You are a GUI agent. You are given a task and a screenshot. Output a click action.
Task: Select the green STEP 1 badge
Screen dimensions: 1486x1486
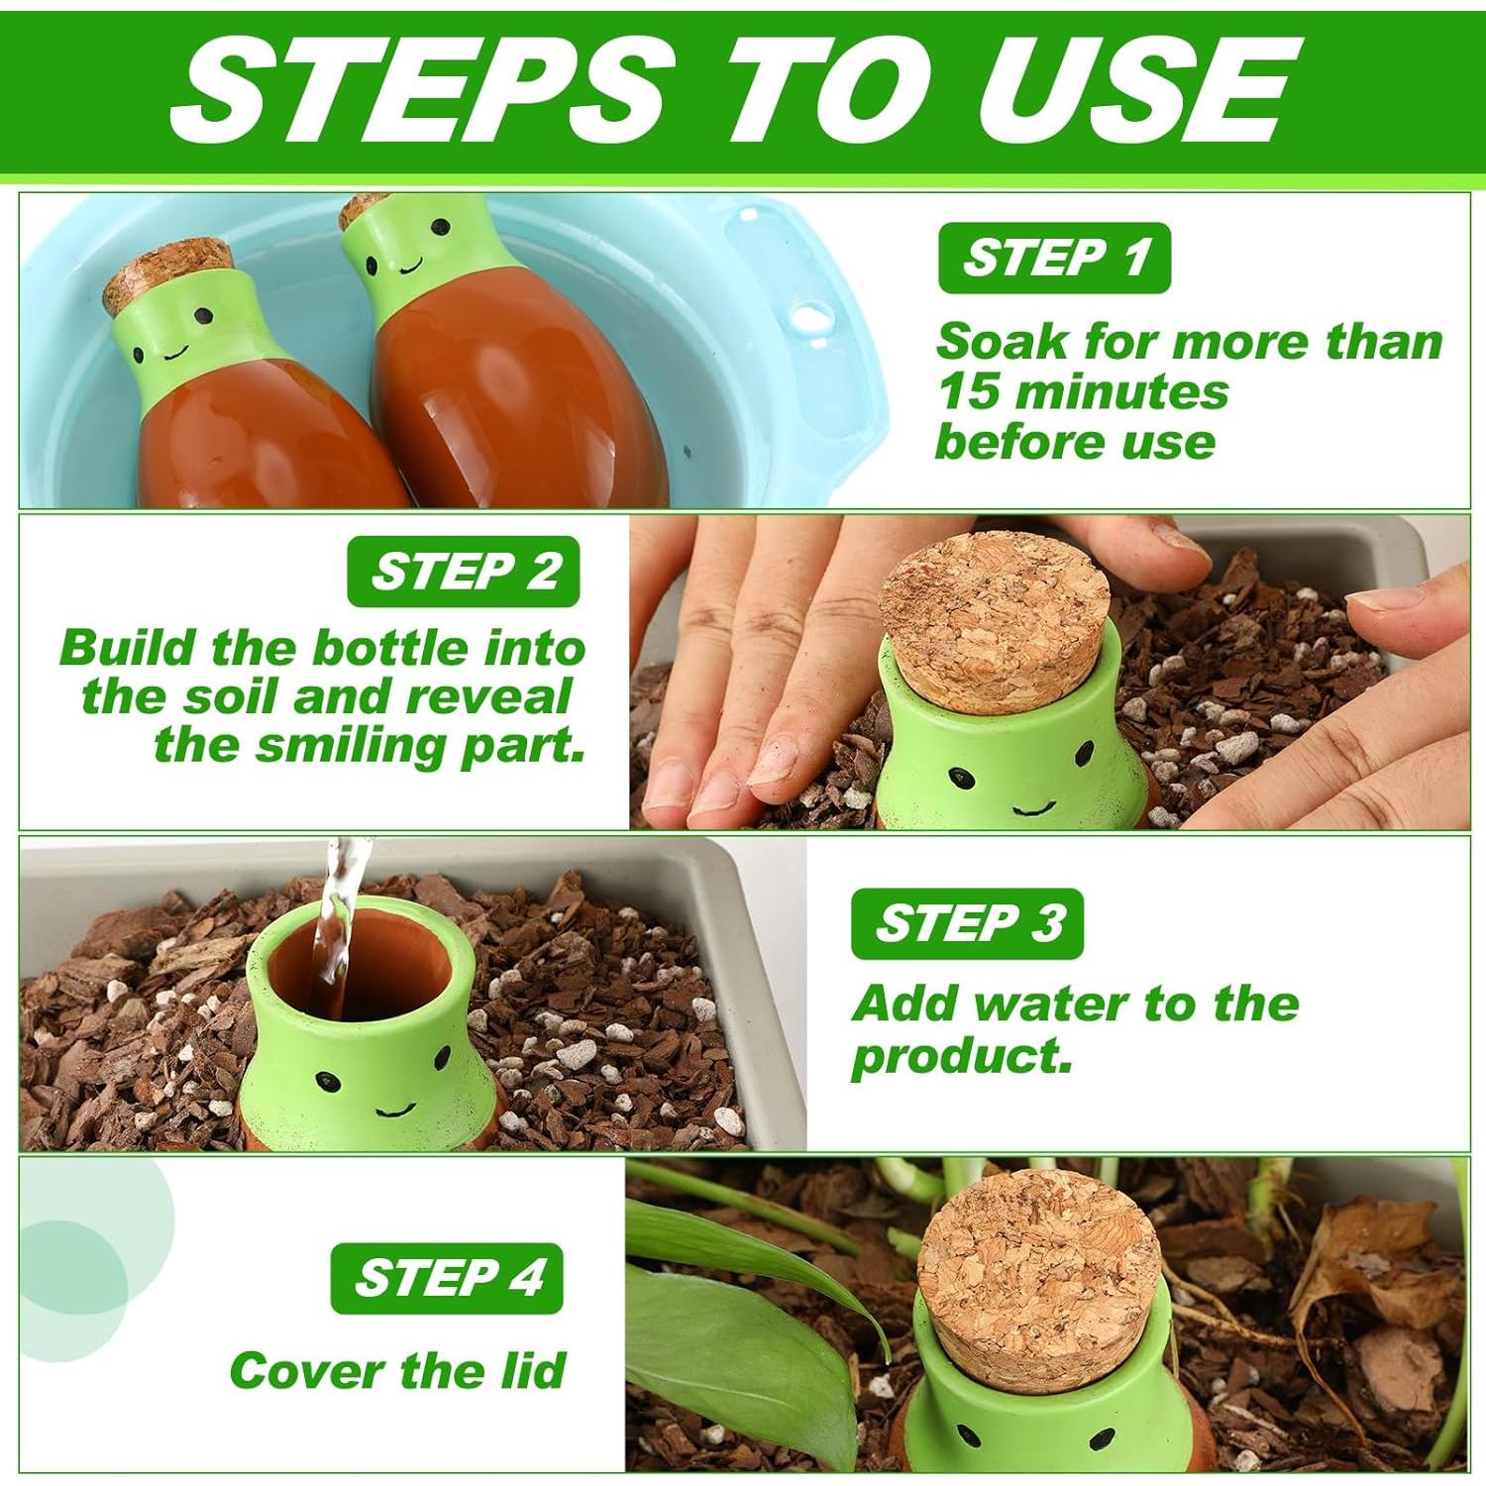(1055, 258)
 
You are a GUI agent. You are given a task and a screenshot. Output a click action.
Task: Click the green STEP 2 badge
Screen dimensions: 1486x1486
(464, 572)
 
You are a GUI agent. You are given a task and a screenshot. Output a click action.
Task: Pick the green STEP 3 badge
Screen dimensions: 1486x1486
(967, 923)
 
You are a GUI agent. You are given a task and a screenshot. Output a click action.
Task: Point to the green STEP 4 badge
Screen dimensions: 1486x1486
(447, 1278)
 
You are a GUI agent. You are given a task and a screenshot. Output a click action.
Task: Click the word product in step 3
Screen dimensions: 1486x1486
(961, 1057)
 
